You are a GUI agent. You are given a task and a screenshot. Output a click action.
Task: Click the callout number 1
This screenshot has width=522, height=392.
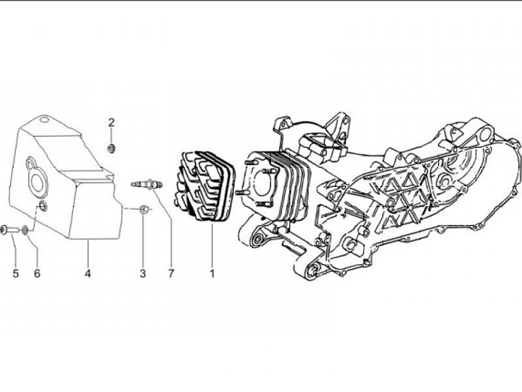pyautogui.click(x=212, y=273)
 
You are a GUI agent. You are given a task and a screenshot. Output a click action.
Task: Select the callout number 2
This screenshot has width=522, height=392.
pyautogui.click(x=112, y=121)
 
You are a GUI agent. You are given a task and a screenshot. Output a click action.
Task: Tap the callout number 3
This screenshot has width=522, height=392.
pyautogui.click(x=143, y=273)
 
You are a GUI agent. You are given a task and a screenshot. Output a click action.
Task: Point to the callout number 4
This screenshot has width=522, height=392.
pyautogui.click(x=88, y=273)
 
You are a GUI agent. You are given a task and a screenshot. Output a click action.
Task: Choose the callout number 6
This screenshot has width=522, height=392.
pyautogui.click(x=37, y=273)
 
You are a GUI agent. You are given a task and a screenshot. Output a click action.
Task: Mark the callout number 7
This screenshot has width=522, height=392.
pyautogui.click(x=172, y=273)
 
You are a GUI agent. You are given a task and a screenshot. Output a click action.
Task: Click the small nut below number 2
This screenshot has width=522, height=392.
pyautogui.click(x=112, y=149)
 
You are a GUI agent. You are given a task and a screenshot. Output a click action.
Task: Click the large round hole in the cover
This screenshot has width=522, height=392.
pyautogui.click(x=35, y=178)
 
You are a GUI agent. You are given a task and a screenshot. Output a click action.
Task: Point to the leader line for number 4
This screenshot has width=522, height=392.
pyautogui.click(x=88, y=254)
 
